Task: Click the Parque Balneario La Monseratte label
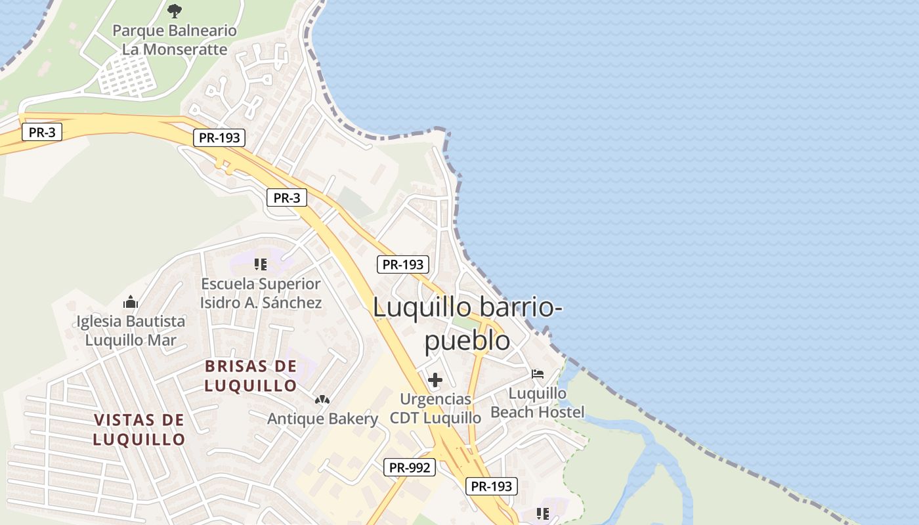(175, 40)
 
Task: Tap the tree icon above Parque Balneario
(175, 10)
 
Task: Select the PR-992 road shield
(410, 467)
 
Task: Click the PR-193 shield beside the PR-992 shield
(492, 486)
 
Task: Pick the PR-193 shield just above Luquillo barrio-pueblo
(403, 264)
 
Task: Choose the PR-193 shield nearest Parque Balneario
(219, 138)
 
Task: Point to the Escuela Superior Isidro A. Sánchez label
(261, 293)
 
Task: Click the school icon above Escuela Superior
(261, 264)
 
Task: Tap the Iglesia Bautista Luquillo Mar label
(131, 331)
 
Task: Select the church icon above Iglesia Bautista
(131, 303)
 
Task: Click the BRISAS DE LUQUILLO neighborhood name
(251, 376)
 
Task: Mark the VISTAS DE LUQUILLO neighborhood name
(139, 430)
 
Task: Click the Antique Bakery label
(322, 419)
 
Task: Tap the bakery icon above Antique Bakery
(322, 399)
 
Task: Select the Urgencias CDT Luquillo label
(435, 408)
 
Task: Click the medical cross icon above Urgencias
(435, 380)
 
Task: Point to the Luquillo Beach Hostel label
(538, 402)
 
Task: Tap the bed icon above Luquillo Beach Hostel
(538, 374)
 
